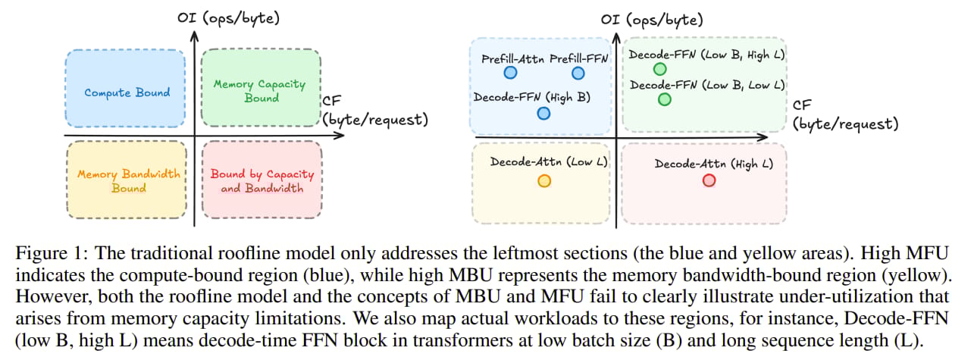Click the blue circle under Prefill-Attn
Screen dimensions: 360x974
tap(510, 73)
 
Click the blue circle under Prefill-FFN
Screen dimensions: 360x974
tap(578, 73)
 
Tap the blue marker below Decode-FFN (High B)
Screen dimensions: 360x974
tap(543, 113)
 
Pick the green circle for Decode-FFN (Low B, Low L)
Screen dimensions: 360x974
tap(665, 99)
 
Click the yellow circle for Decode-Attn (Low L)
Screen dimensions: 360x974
tap(543, 180)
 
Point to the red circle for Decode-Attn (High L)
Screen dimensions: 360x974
tap(709, 180)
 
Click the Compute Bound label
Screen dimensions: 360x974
tap(127, 92)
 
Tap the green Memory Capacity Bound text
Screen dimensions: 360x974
tap(260, 91)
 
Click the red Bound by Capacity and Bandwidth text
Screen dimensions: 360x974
tap(262, 181)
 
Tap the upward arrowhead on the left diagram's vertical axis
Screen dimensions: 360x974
tap(196, 35)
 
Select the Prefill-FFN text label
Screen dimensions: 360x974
tap(578, 58)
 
